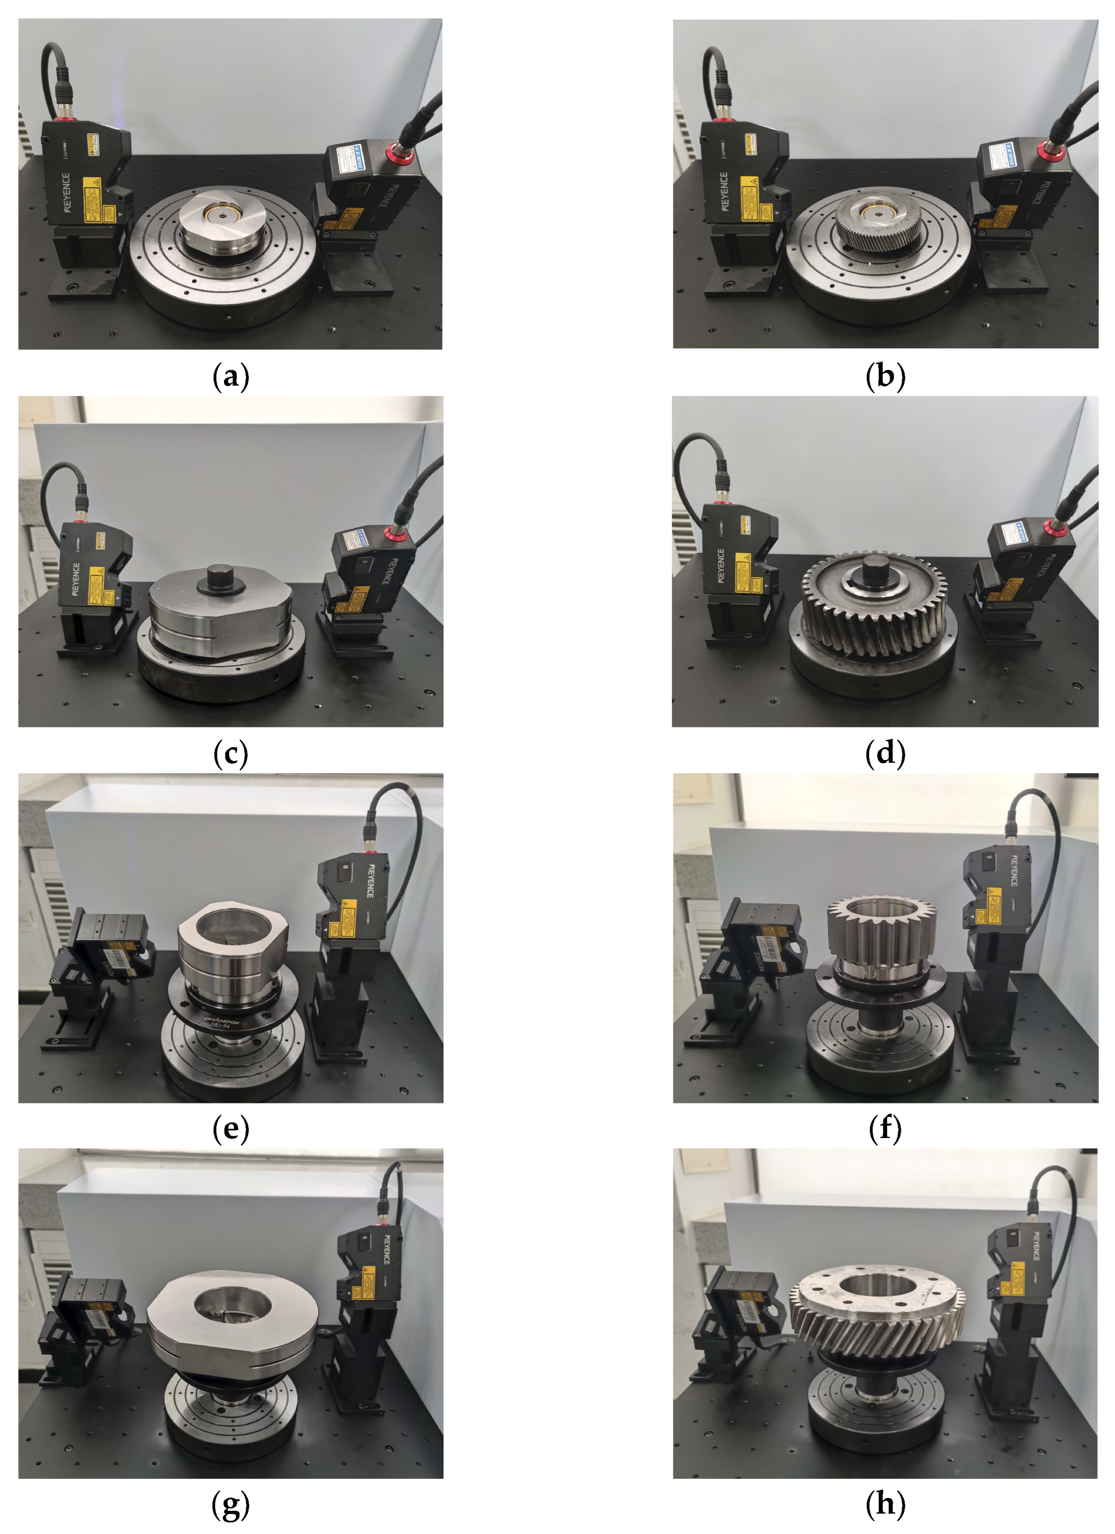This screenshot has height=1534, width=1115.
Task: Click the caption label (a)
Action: [x=231, y=377]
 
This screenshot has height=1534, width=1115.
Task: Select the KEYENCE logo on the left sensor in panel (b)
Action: [x=724, y=192]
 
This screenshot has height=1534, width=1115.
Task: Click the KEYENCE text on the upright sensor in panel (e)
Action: [x=369, y=880]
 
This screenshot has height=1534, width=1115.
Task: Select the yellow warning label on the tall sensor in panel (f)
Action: [x=993, y=907]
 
